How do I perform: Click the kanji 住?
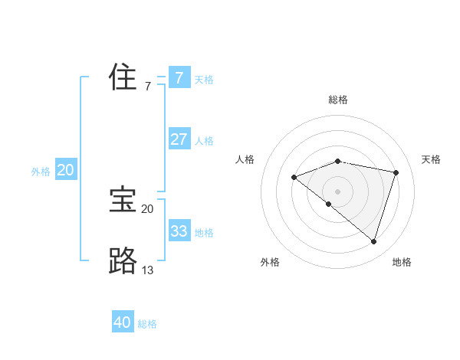click(123, 77)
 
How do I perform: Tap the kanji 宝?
click(123, 200)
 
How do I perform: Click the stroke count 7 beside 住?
click(148, 86)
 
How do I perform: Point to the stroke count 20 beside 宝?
click(147, 208)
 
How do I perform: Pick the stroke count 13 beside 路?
click(147, 270)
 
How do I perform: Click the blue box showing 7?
click(179, 78)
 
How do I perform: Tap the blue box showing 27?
click(179, 139)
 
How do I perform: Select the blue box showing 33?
click(179, 231)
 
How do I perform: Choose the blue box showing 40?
click(123, 322)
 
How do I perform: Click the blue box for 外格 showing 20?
click(66, 170)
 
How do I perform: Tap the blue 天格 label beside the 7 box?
click(204, 80)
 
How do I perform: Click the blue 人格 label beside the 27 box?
click(204, 141)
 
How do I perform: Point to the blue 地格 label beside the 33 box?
click(204, 233)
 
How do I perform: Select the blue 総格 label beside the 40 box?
click(147, 324)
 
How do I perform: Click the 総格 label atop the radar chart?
click(337, 100)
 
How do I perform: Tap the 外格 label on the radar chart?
click(270, 262)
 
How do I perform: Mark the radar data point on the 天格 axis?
click(396, 172)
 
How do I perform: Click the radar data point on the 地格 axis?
click(373, 241)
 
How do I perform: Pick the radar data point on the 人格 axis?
click(294, 178)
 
